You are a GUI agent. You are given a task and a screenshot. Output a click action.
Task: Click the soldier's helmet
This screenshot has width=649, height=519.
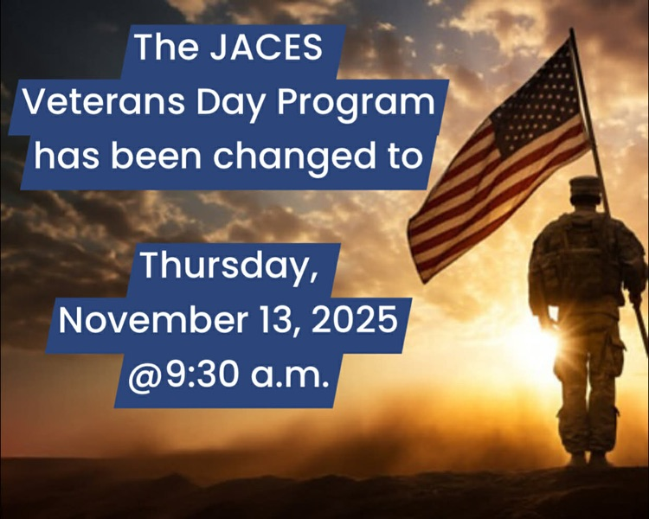point(586,188)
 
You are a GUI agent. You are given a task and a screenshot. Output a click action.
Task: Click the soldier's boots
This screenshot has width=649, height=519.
point(588,458)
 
